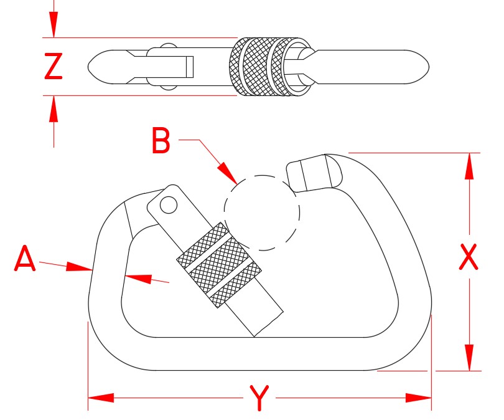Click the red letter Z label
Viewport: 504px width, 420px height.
click(54, 67)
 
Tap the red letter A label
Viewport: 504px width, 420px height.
click(24, 259)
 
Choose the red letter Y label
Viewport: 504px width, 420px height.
click(259, 398)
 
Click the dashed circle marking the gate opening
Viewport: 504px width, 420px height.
click(261, 212)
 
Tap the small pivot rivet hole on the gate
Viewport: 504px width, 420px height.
click(167, 204)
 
